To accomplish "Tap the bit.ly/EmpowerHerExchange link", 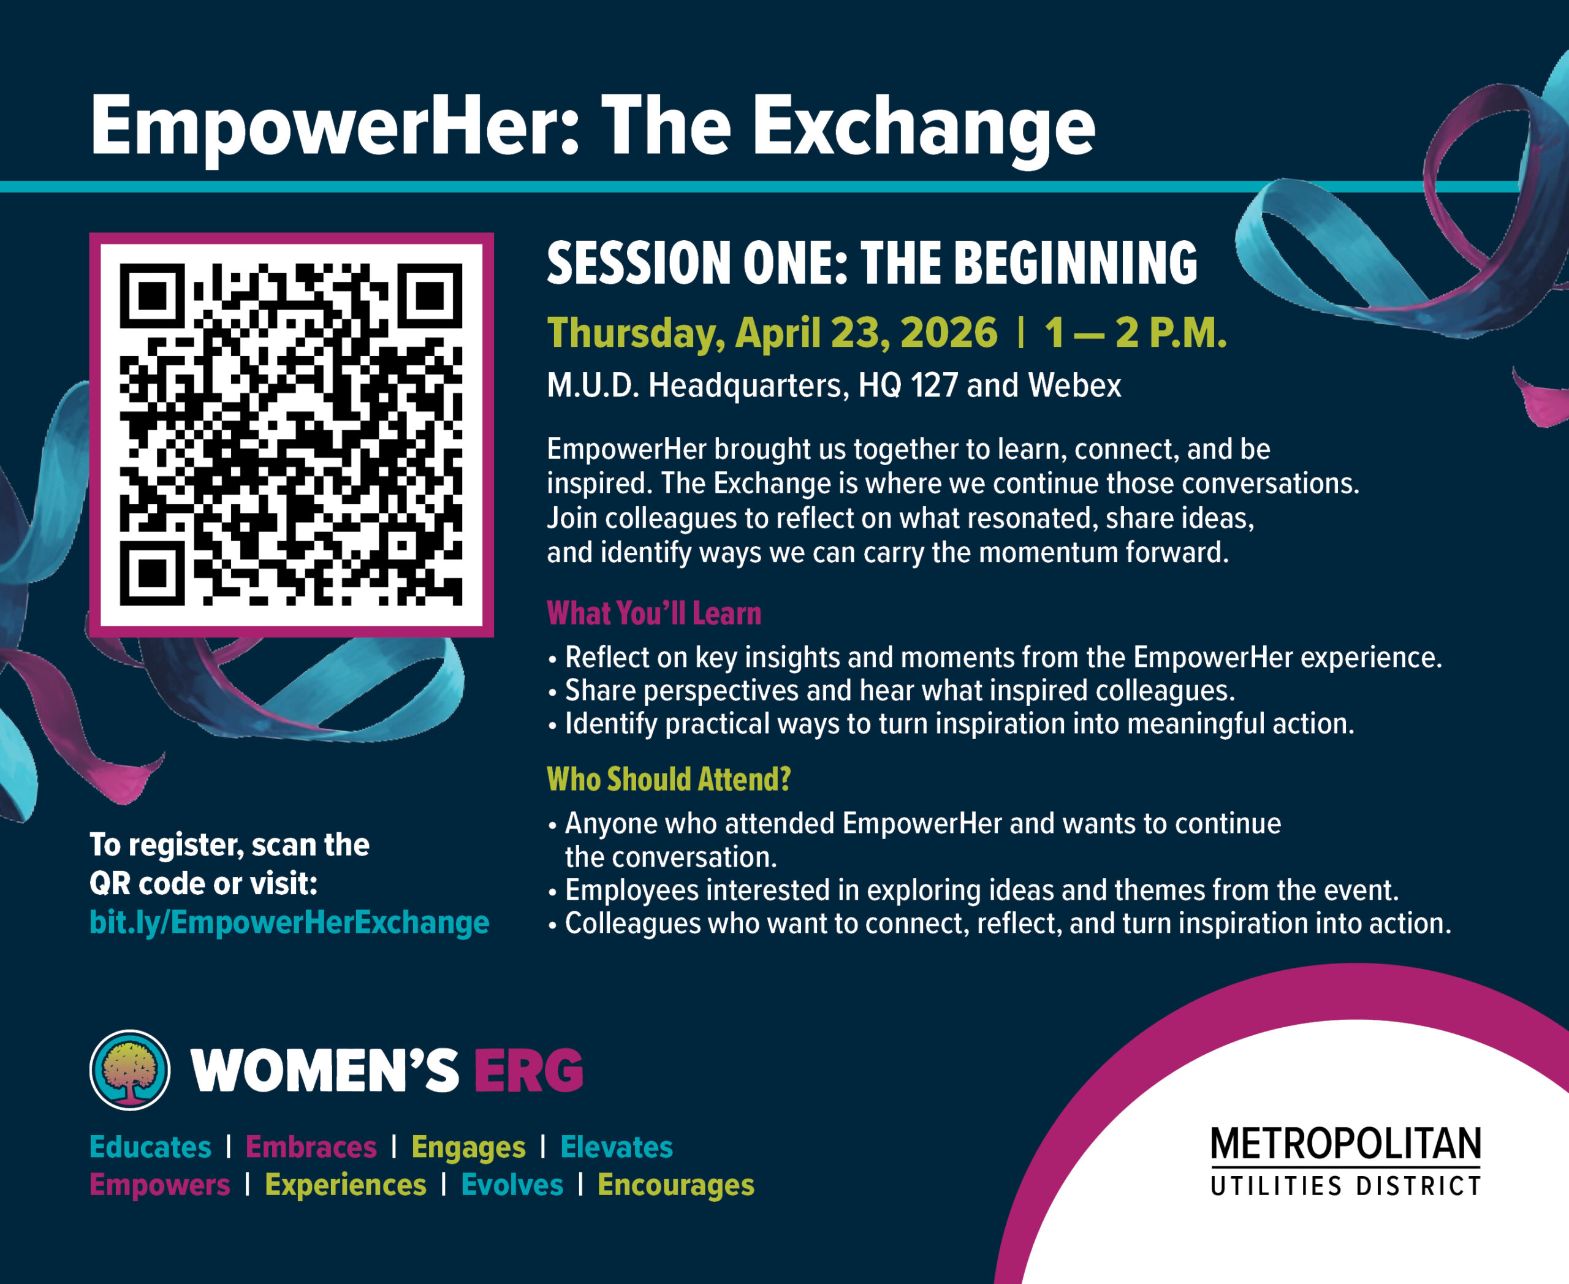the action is [289, 922].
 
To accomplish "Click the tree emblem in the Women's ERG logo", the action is [130, 1069].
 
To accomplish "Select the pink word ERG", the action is [528, 1070].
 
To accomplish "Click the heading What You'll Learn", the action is [654, 613].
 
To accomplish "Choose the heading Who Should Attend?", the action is [669, 779].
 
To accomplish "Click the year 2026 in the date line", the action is [949, 333].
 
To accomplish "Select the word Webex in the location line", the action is [1074, 386].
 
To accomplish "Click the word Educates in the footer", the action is [150, 1147].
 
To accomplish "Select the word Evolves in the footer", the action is [512, 1185].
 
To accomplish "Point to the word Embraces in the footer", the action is [311, 1147].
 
